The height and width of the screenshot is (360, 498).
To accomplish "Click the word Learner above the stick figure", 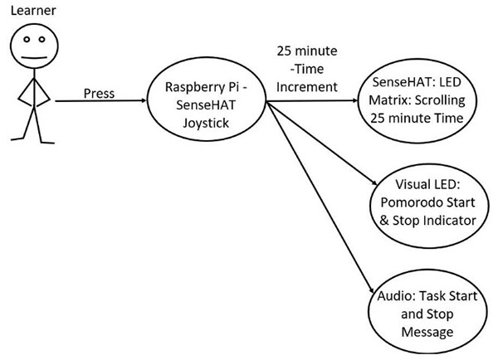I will click(x=27, y=11).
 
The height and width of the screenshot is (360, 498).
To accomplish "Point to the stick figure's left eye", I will click(x=26, y=40).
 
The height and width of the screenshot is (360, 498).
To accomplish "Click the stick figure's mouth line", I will click(x=32, y=56).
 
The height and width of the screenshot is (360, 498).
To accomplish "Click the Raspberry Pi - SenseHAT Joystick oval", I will click(x=204, y=103).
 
